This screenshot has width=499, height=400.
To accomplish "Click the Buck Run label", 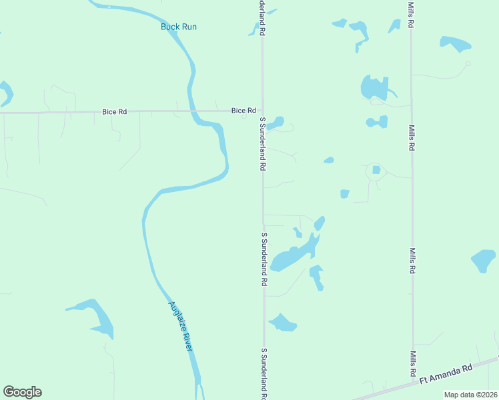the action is [179, 27].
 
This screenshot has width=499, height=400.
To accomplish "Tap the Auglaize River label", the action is [181, 326].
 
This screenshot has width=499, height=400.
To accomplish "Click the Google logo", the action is [22, 392].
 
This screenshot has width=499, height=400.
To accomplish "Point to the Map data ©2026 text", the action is [471, 395].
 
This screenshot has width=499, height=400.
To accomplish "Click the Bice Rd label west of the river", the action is [114, 112].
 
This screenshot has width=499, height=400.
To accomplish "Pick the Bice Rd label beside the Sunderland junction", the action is [243, 110].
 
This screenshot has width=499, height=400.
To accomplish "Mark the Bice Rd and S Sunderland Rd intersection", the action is [262, 111].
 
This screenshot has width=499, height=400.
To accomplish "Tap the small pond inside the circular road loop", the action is [376, 170].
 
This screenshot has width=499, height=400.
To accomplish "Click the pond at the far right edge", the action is [484, 260].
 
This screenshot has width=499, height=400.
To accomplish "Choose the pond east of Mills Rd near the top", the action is [455, 44].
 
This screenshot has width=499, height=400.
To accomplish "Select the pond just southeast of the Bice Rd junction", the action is [276, 123].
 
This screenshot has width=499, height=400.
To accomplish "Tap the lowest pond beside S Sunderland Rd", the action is [283, 323].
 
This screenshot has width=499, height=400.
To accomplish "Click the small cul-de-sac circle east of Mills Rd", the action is [468, 64].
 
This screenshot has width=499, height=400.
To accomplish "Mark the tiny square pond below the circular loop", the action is [344, 194].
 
